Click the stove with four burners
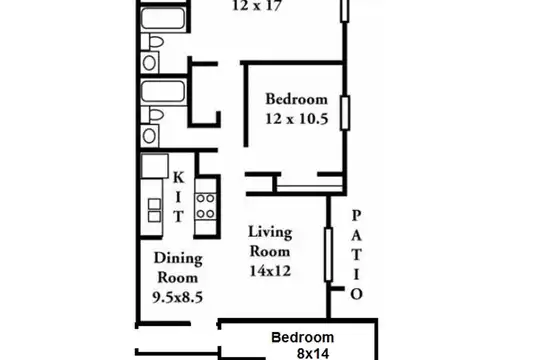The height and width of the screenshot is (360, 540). (x=206, y=206)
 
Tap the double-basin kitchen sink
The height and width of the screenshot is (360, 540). (x=154, y=210)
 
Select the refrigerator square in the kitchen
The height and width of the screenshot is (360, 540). (x=155, y=166)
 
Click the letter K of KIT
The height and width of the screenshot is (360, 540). (x=178, y=178)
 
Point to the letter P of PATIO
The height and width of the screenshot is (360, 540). (x=356, y=216)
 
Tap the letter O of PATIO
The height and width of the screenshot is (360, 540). (x=356, y=294)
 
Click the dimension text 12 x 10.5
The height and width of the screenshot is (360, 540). (x=297, y=119)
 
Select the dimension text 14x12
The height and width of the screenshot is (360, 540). (x=270, y=271)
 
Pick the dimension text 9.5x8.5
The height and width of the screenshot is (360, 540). (x=178, y=297)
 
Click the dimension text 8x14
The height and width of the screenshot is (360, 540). (x=313, y=354)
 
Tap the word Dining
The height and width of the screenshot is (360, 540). (x=178, y=258)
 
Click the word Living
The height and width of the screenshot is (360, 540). (x=270, y=232)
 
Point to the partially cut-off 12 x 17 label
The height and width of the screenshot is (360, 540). (x=257, y=6)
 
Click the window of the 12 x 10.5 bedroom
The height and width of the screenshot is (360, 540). (x=345, y=113)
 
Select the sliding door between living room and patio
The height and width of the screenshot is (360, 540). (x=329, y=255)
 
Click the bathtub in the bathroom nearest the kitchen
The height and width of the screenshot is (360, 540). (x=163, y=92)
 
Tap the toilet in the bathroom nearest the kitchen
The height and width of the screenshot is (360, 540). (x=152, y=115)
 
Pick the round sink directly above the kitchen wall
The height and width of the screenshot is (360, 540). (x=149, y=136)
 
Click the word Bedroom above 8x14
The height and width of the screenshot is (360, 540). (x=303, y=337)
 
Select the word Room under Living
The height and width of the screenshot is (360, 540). (x=270, y=251)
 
